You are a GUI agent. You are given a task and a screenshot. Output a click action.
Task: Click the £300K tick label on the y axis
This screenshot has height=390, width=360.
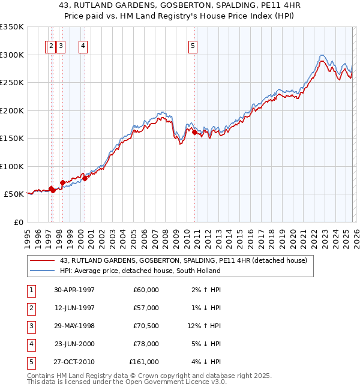pyautogui.click(x=12, y=55)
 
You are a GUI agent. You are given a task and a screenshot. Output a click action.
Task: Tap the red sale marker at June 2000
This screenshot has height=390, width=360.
pyautogui.click(x=85, y=178)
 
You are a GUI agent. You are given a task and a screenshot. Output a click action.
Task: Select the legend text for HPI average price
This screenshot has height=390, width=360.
pyautogui.click(x=140, y=271)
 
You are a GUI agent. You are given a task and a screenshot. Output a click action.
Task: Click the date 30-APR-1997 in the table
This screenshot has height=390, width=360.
pyautogui.click(x=74, y=290)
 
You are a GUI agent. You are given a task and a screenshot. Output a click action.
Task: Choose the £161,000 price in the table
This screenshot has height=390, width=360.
pyautogui.click(x=144, y=362)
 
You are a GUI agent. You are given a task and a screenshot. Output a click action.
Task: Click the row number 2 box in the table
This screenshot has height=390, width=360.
pyautogui.click(x=31, y=308)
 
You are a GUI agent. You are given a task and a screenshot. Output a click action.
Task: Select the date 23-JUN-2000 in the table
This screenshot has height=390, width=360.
pyautogui.click(x=74, y=344)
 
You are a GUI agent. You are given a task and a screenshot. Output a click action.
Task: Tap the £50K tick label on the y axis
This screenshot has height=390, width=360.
pyautogui.click(x=14, y=194)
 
